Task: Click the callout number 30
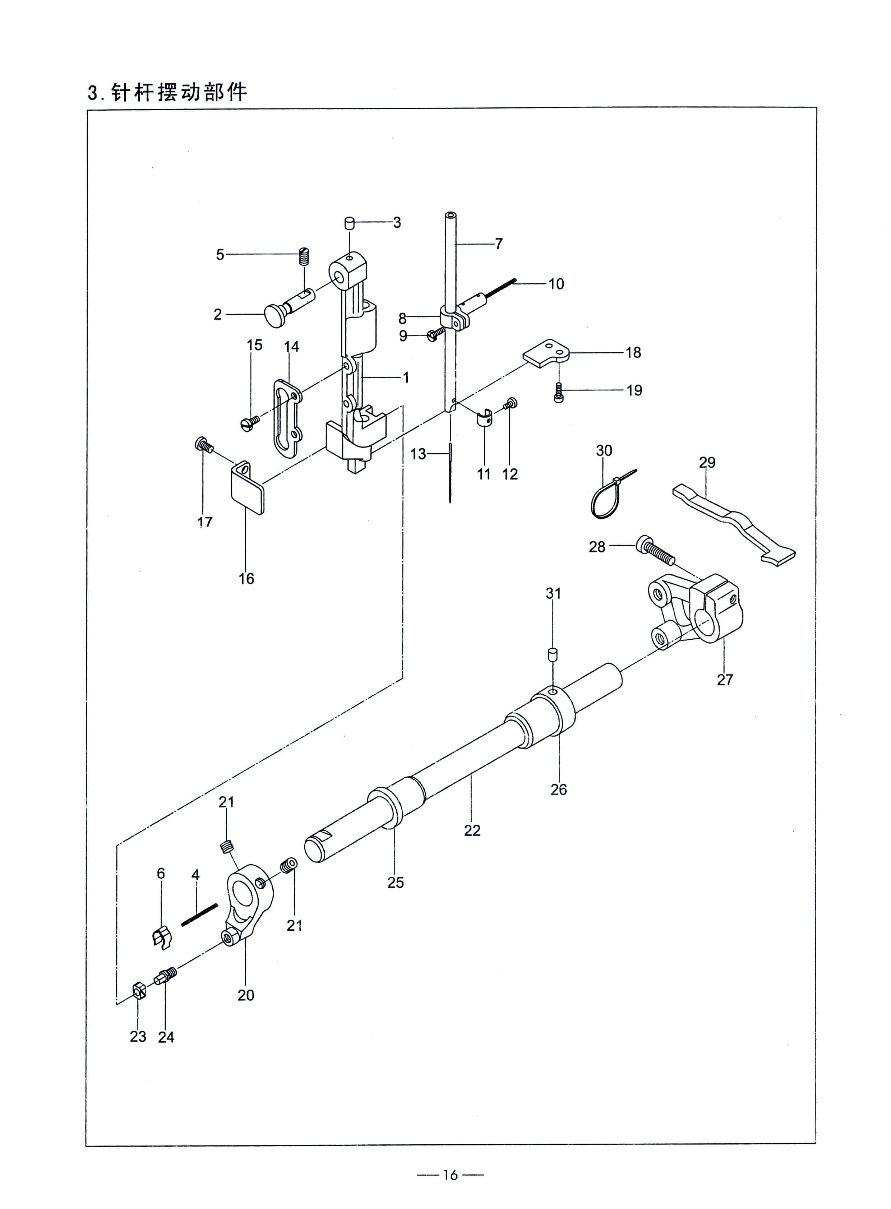point(604,450)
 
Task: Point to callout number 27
point(725,680)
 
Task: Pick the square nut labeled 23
point(138,991)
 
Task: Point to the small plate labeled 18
point(546,353)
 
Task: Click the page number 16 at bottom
point(450,1175)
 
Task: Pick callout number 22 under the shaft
point(472,830)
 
